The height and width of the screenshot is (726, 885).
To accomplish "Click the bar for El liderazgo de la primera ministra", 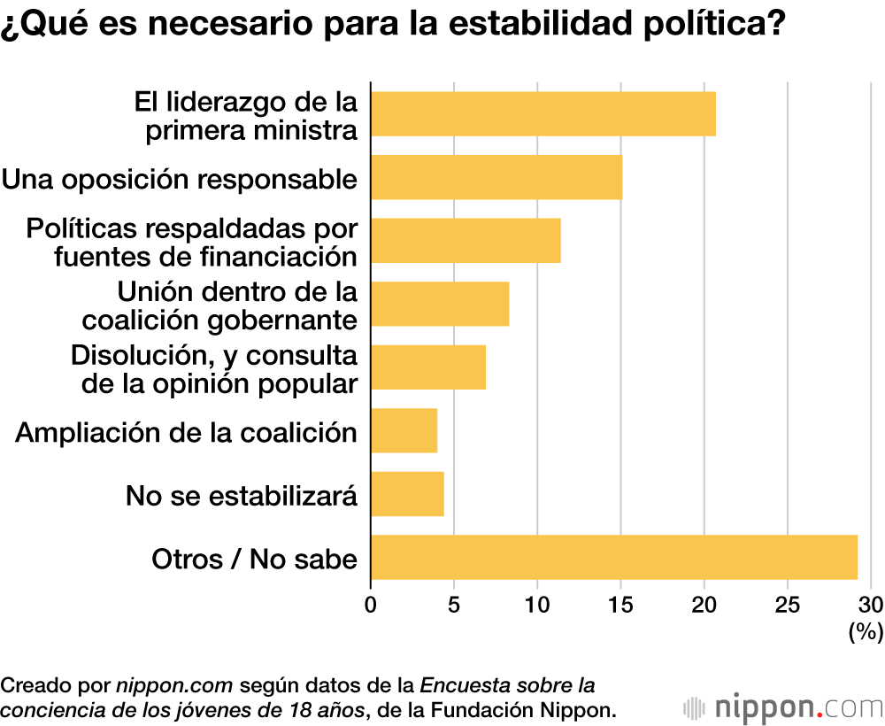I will [x=543, y=113].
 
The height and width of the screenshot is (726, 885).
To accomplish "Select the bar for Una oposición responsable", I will [x=496, y=177].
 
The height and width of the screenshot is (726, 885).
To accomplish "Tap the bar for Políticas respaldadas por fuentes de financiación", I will [x=466, y=241].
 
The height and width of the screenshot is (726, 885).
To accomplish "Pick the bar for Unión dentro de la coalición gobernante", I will [x=440, y=304].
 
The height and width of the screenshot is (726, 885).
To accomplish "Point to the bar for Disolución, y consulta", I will [x=428, y=367].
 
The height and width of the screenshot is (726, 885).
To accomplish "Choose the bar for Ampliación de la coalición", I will [x=404, y=431].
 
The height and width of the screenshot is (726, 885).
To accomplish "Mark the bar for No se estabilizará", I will [x=407, y=494].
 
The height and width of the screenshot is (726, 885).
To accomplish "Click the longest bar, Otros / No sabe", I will [x=614, y=558].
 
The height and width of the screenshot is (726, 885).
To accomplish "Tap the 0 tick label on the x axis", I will [x=371, y=606].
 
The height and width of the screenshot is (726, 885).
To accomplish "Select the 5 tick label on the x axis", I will [x=454, y=606].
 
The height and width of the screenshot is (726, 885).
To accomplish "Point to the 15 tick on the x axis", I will [x=620, y=606].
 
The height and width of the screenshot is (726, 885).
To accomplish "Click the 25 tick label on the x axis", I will [x=788, y=606].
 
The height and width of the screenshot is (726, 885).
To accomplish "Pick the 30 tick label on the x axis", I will [x=871, y=606].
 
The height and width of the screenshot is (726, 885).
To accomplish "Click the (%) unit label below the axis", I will [x=866, y=632].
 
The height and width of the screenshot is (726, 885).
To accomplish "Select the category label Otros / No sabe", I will [x=255, y=559].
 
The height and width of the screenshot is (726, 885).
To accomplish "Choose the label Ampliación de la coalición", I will [x=187, y=432].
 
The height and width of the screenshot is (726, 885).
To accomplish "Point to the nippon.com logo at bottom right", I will [x=783, y=707].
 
